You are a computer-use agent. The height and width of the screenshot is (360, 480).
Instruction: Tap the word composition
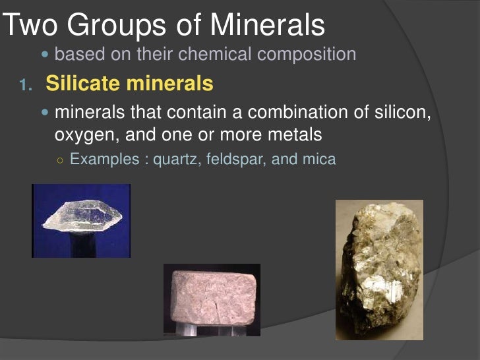(x=307, y=54)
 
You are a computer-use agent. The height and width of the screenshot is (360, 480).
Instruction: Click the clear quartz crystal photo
(x=81, y=220)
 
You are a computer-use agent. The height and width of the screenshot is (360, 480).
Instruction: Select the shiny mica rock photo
(x=378, y=270)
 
